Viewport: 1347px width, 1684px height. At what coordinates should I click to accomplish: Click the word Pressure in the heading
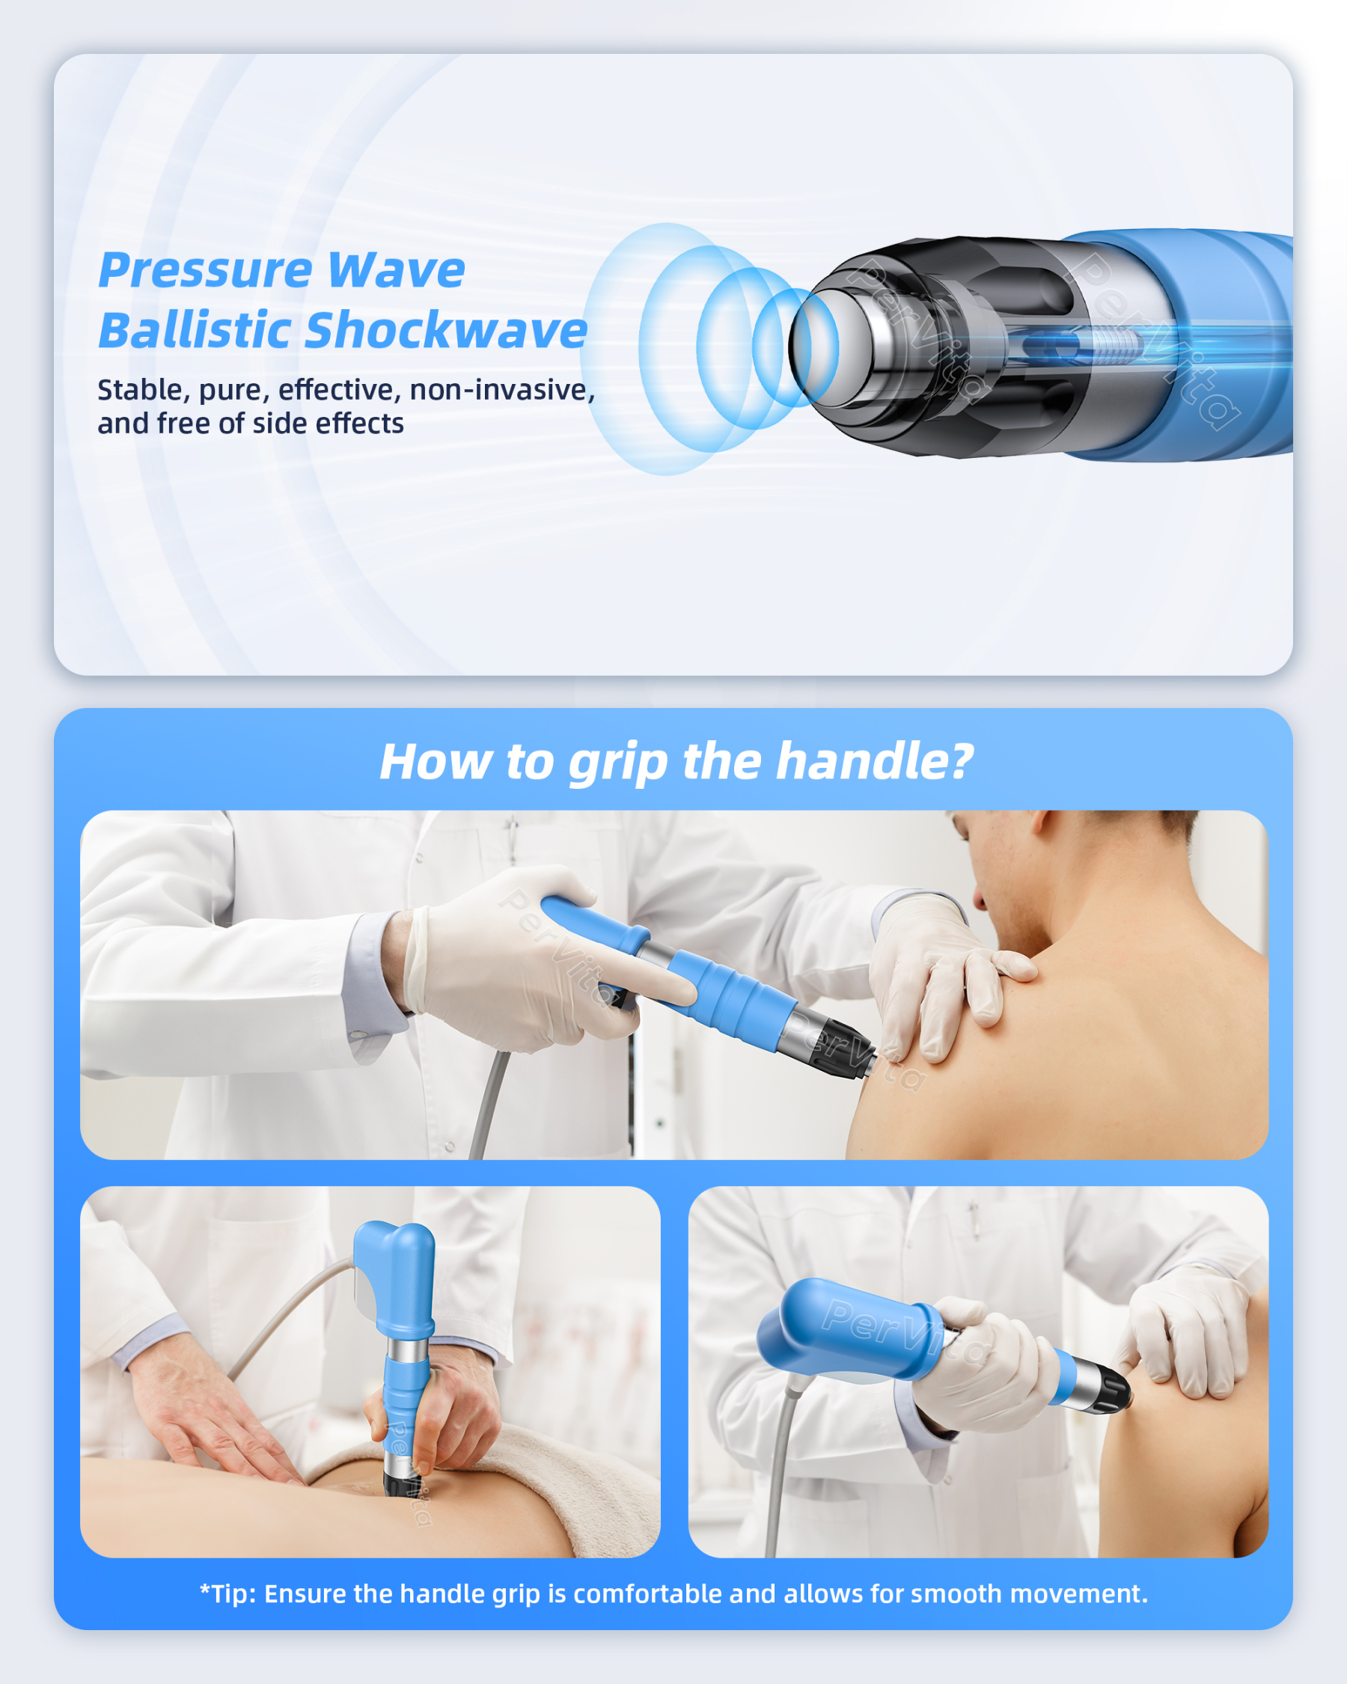[204, 271]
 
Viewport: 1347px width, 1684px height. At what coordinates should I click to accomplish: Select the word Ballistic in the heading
[195, 330]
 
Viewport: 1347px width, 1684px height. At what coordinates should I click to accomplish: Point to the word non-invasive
[501, 389]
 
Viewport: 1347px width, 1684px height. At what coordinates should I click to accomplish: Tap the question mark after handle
[963, 762]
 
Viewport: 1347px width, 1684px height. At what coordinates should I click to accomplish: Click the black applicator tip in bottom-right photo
[1112, 1390]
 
